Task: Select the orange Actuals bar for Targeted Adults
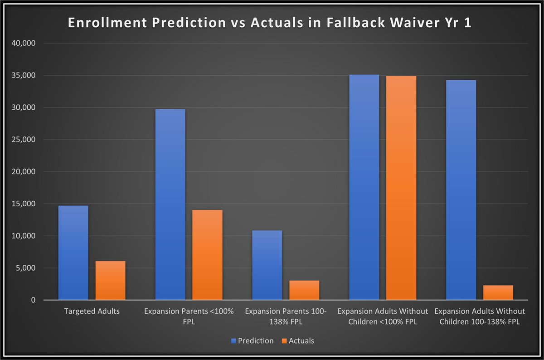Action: [110, 281]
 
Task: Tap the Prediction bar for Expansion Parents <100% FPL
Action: [170, 204]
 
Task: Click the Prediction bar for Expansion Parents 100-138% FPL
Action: [267, 265]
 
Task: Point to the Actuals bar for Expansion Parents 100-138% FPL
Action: [304, 290]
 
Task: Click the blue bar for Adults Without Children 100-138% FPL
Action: [461, 190]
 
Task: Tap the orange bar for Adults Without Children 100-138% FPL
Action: [498, 292]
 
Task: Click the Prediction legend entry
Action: [253, 341]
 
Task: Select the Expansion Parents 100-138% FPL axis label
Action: [286, 316]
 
